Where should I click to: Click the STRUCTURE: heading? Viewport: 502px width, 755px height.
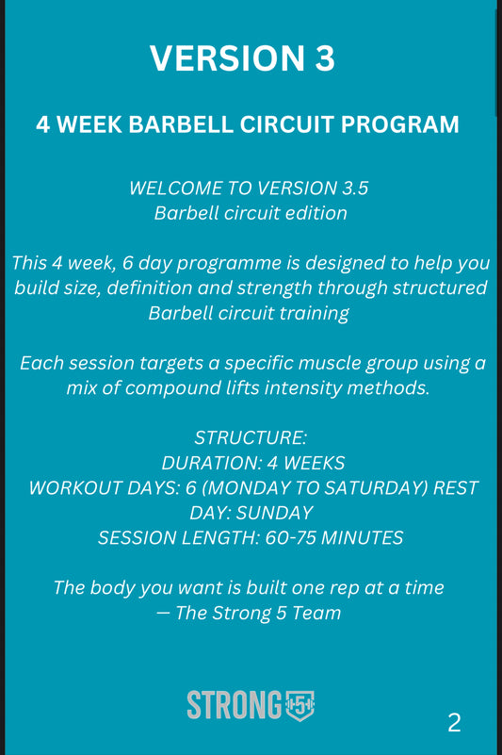[x=251, y=438]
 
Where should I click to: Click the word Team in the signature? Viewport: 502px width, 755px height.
[x=316, y=613]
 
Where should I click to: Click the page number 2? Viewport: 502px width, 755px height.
[x=454, y=723]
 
